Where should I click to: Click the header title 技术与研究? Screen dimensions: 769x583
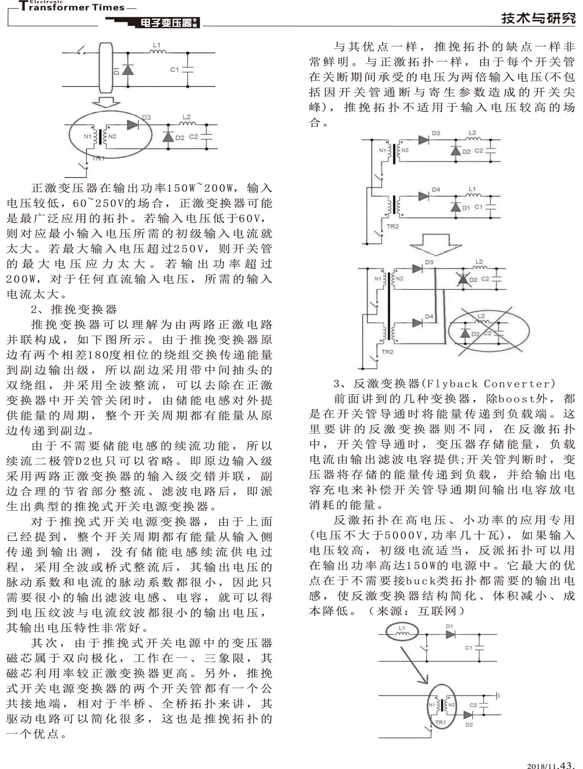(538, 18)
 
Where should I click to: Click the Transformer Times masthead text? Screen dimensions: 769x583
(72, 7)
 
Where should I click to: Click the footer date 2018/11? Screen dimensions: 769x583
(542, 765)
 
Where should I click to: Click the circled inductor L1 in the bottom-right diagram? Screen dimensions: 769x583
(402, 632)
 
